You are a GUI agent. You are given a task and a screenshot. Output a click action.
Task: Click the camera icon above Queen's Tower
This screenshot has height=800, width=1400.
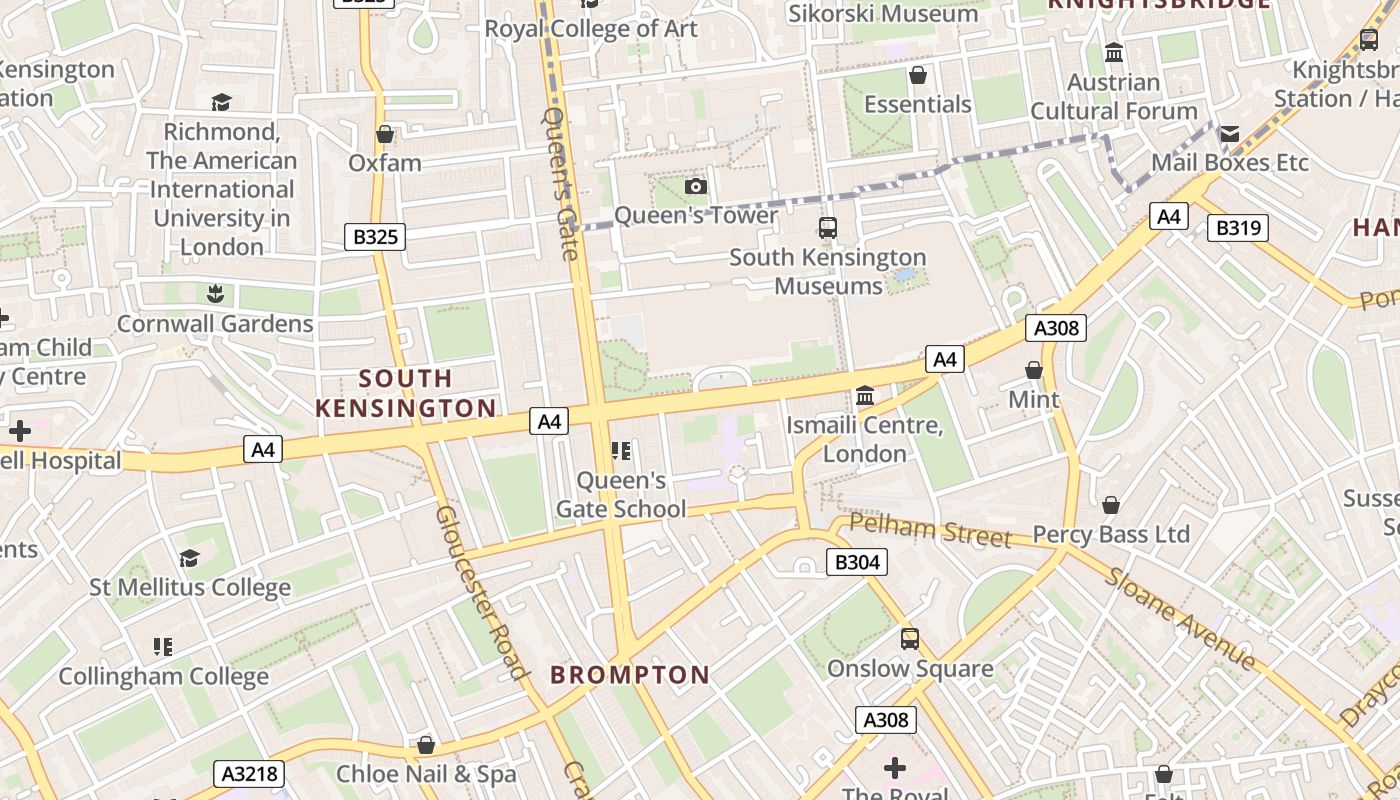(x=696, y=186)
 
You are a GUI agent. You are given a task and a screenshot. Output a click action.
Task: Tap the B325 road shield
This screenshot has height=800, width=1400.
(x=375, y=237)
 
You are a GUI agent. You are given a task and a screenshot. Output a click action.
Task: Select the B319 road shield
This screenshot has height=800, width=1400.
(x=1238, y=228)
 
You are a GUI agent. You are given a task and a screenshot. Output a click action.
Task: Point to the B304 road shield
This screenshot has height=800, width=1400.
(x=857, y=562)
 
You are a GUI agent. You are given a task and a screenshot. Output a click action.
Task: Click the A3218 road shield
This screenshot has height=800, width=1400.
(x=249, y=773)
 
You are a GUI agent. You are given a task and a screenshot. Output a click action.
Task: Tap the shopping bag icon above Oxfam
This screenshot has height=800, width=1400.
(x=385, y=134)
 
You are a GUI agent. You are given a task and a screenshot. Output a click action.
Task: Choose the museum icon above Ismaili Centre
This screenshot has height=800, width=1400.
(x=865, y=396)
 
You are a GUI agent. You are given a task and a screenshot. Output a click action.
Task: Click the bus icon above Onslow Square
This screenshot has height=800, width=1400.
(x=910, y=638)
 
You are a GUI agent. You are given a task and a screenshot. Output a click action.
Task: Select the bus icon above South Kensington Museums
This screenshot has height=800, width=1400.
(x=828, y=227)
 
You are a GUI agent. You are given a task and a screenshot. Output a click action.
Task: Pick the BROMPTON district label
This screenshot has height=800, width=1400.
(x=630, y=675)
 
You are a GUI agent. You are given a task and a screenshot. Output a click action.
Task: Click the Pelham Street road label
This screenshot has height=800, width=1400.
(x=930, y=530)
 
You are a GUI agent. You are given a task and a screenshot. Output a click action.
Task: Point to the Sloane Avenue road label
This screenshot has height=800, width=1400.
(x=1180, y=620)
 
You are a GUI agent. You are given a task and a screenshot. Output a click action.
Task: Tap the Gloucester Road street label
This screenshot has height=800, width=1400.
(x=482, y=592)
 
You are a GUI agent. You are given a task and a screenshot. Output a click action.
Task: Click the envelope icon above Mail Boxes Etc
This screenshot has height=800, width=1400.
(x=1230, y=134)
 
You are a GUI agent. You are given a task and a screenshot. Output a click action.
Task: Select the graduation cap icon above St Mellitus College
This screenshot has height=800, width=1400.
(x=190, y=558)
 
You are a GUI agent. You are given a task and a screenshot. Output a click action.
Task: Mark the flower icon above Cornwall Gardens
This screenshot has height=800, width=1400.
(x=215, y=294)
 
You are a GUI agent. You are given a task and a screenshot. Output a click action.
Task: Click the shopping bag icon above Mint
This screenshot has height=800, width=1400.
(x=1034, y=371)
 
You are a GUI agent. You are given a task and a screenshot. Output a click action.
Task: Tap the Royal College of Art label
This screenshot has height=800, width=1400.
(x=591, y=29)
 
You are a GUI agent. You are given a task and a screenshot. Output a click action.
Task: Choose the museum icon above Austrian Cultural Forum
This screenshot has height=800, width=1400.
(x=1114, y=53)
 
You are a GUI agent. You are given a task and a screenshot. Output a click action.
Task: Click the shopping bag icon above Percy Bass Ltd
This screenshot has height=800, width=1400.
(x=1111, y=505)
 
